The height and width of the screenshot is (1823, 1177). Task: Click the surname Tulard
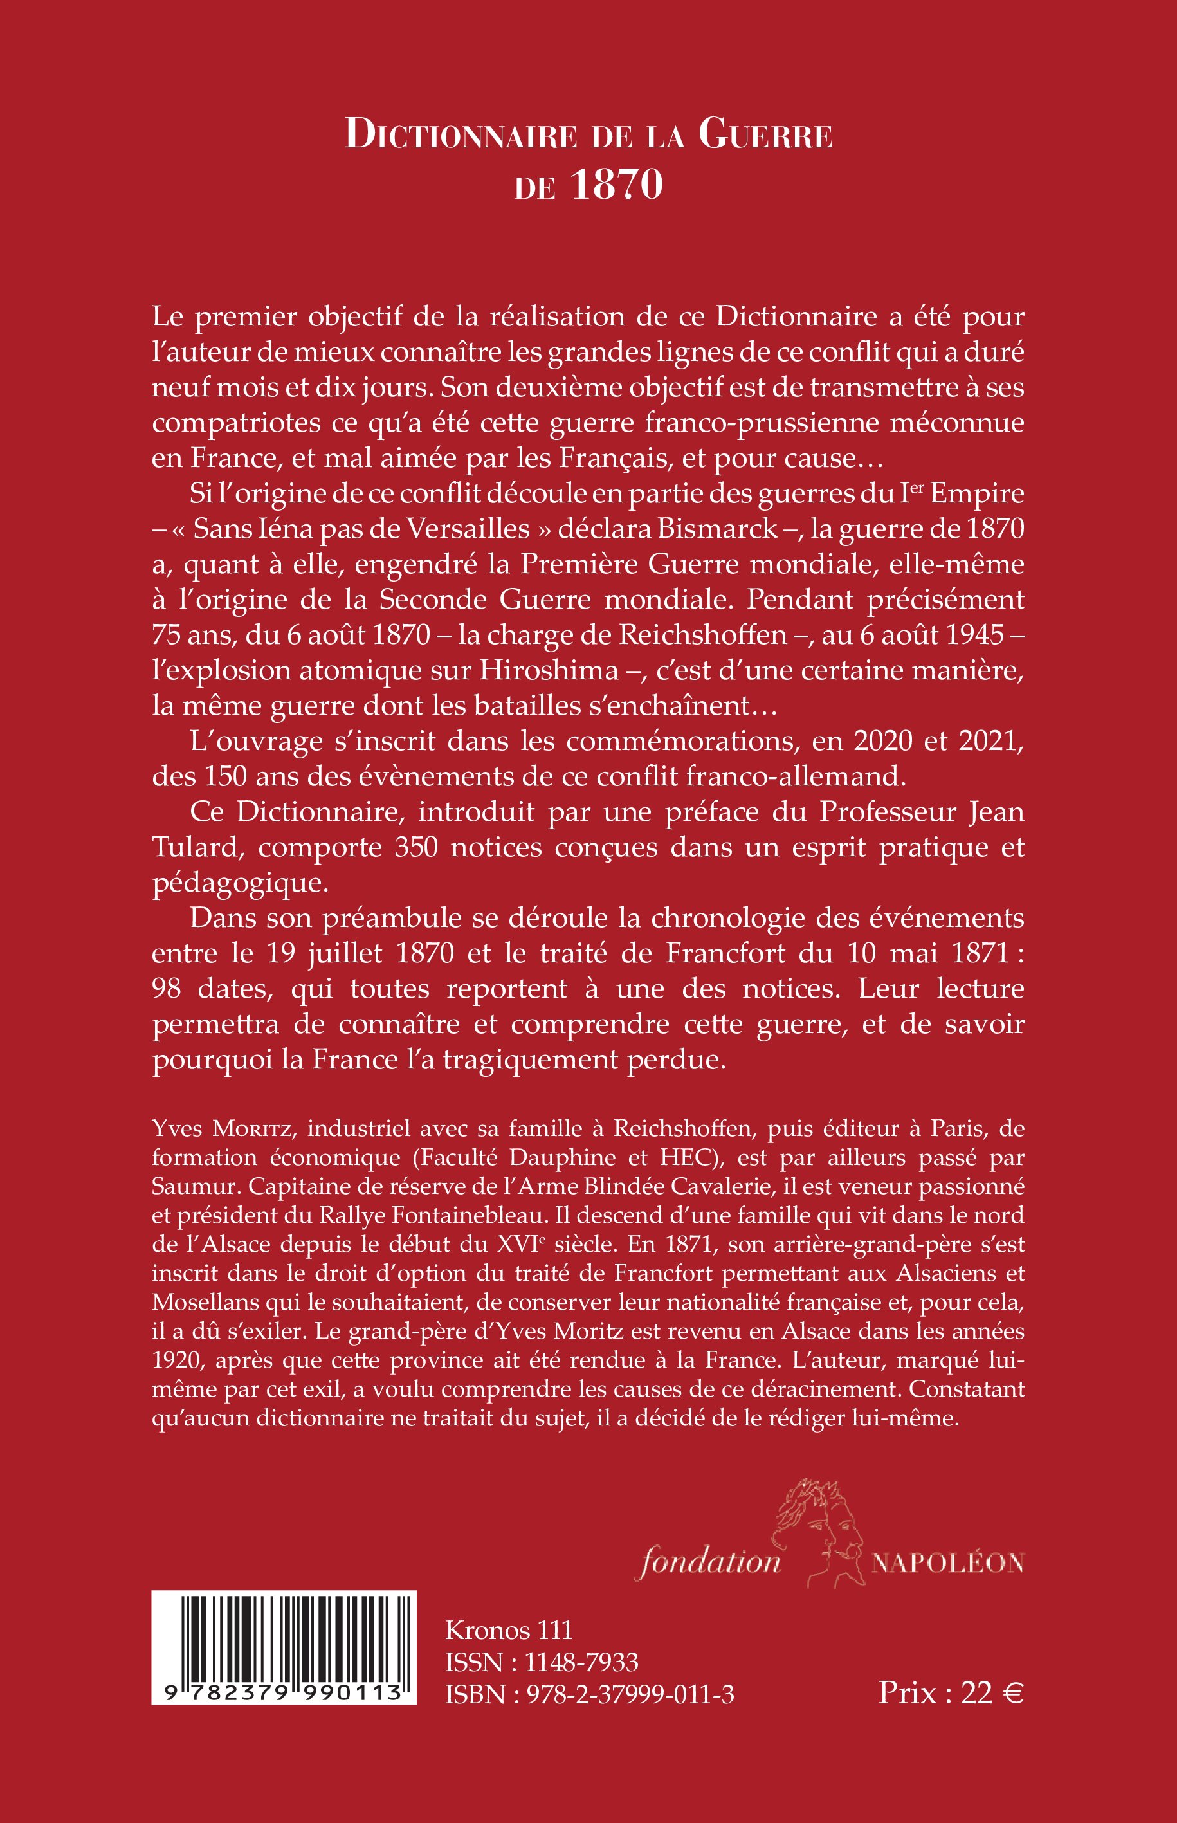coord(198,847)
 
